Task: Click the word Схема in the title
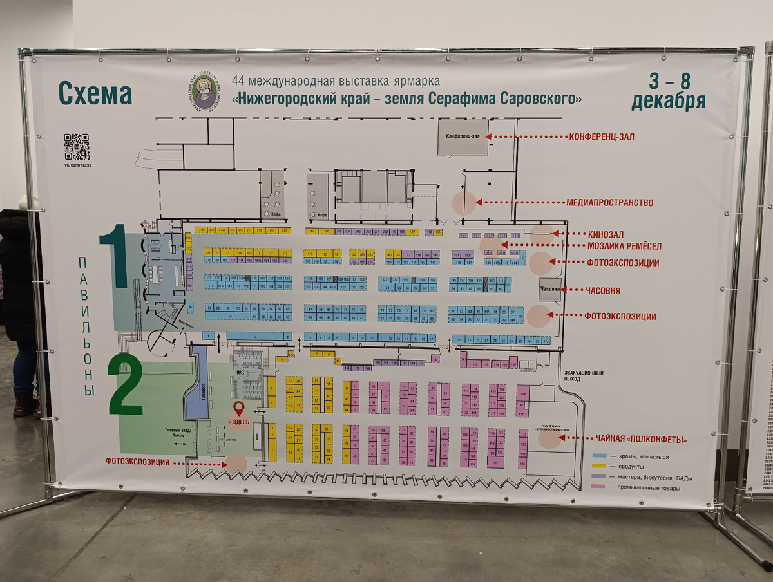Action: pyautogui.click(x=95, y=94)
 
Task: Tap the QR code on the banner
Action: pyautogui.click(x=76, y=147)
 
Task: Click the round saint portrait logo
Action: pyautogui.click(x=204, y=92)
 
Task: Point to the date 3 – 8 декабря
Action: pyautogui.click(x=668, y=91)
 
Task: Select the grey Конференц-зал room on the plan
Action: pyautogui.click(x=463, y=137)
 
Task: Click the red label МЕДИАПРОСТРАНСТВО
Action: pyautogui.click(x=609, y=203)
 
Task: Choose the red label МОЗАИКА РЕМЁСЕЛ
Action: pyautogui.click(x=624, y=245)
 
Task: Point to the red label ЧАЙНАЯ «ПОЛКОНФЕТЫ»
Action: pyautogui.click(x=636, y=439)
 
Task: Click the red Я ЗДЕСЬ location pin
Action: pyautogui.click(x=238, y=408)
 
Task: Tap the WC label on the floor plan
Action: pyautogui.click(x=238, y=372)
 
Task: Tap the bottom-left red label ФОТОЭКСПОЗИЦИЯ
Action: pyautogui.click(x=138, y=462)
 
